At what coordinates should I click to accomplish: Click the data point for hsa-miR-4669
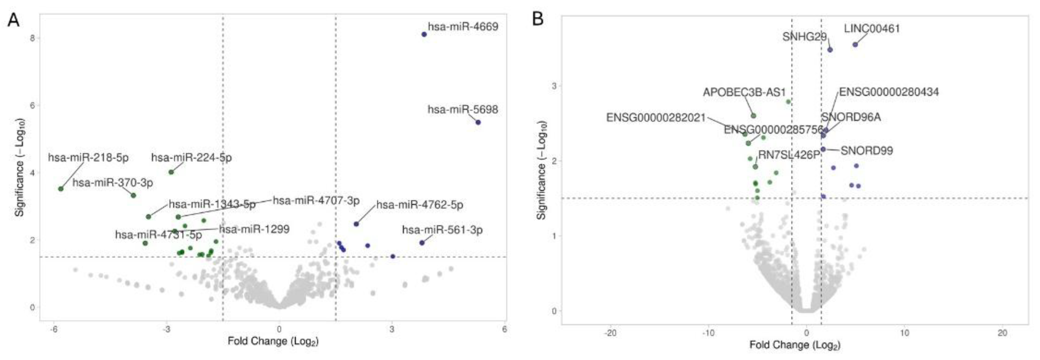(424, 34)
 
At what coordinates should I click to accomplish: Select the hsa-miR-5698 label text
(463, 109)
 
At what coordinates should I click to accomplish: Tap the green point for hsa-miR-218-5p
(61, 189)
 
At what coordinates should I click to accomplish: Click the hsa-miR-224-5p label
(191, 157)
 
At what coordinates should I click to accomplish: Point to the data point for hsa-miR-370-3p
(133, 195)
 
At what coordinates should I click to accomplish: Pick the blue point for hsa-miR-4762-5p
(356, 224)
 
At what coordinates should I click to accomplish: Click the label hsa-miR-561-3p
(442, 230)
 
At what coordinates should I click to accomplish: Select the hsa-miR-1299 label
(254, 229)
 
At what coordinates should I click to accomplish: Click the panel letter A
(13, 20)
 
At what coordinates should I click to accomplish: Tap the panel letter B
(538, 19)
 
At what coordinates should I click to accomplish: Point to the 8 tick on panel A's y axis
(32, 38)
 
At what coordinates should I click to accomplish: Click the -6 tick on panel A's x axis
(53, 329)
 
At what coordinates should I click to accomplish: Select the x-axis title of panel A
(273, 341)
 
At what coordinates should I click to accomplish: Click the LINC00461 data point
(855, 44)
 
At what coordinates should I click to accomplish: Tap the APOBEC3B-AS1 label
(744, 92)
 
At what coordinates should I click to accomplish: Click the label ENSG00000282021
(656, 118)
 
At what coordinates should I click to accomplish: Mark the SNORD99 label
(867, 151)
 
